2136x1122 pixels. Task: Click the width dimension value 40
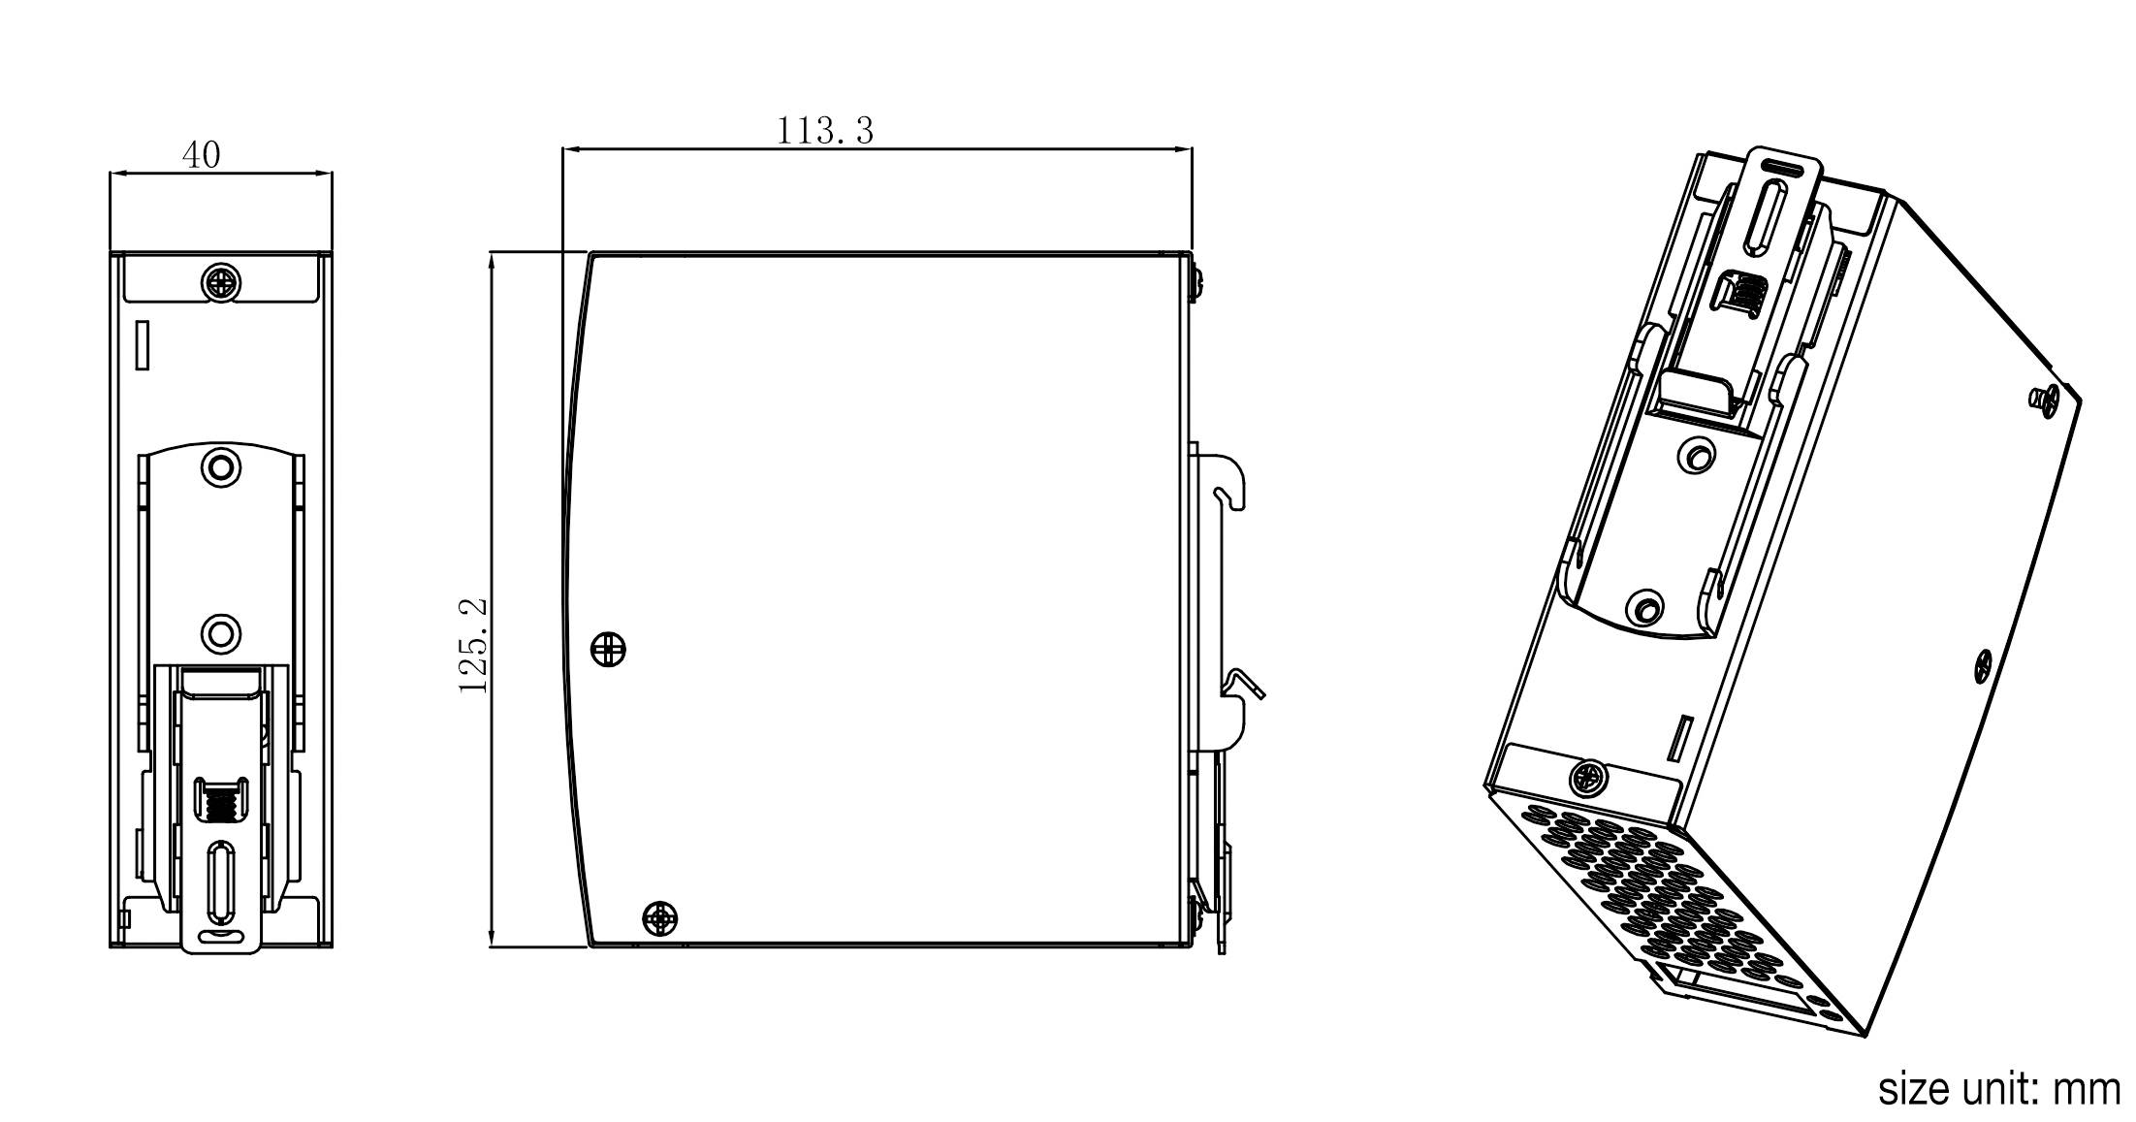[201, 154]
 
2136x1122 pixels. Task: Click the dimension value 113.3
[825, 130]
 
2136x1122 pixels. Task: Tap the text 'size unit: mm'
[1998, 1089]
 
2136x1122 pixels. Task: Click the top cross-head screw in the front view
[221, 282]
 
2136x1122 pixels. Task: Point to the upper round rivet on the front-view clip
[220, 466]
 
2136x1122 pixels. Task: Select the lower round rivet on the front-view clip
[220, 635]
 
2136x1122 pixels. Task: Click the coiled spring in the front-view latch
[221, 801]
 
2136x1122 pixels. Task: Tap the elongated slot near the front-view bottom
[221, 882]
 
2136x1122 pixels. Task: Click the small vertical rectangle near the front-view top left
[142, 345]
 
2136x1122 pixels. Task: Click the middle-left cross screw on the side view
[608, 649]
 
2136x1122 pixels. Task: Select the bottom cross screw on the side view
[660, 917]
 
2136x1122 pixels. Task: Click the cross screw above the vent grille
[1587, 777]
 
